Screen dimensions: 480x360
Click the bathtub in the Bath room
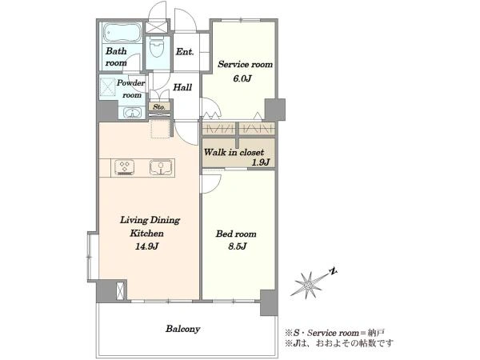point(122,33)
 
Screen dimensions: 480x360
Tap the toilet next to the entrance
point(158,48)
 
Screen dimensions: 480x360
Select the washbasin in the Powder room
point(132,113)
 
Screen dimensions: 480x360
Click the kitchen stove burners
point(125,167)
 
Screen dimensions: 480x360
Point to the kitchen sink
point(161,167)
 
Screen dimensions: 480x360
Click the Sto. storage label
point(159,107)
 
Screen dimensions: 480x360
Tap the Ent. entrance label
point(185,52)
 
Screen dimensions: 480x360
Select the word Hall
point(182,87)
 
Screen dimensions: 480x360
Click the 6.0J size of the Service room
point(242,78)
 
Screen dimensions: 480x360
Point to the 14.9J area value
point(146,246)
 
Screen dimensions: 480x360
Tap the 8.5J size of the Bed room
point(238,246)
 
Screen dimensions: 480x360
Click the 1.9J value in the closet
point(261,162)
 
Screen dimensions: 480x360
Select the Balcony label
point(182,329)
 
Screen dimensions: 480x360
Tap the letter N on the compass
point(333,271)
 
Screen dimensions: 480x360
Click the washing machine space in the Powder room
point(108,87)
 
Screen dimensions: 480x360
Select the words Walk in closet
point(234,152)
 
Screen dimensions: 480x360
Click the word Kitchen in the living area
point(146,234)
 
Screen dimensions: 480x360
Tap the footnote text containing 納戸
point(334,333)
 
